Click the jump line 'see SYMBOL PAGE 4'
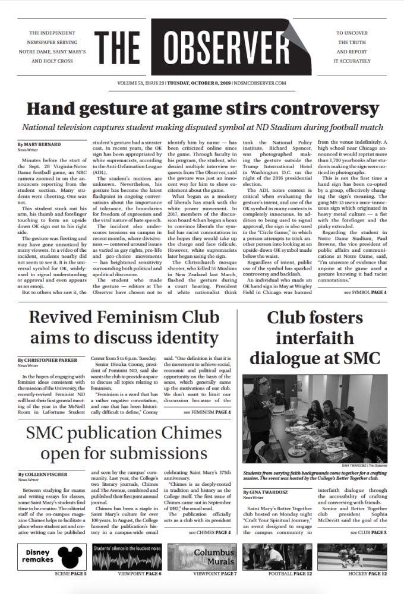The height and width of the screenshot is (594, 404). [x=365, y=293]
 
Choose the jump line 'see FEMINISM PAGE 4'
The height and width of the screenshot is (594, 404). [x=207, y=412]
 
